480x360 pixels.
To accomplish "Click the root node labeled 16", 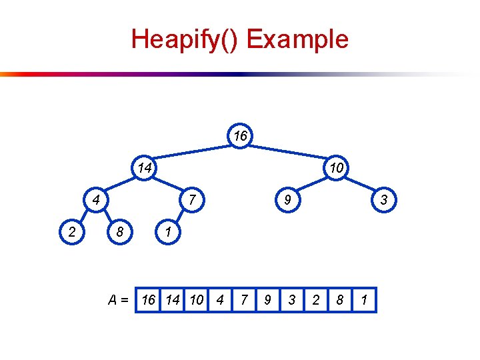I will point(241,136).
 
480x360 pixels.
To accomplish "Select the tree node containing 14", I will point(145,167).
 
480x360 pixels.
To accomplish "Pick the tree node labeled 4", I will point(97,199).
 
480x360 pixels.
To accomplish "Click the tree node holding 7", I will point(193,199).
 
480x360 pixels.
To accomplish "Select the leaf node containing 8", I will point(121,231).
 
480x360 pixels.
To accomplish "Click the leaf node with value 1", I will point(169,231).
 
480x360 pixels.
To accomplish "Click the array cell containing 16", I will point(148,300).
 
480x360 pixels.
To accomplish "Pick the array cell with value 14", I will point(172,300).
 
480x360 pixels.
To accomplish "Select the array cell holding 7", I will point(244,300).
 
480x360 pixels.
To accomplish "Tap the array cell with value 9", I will point(268,300).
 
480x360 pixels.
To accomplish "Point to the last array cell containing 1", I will point(364,300).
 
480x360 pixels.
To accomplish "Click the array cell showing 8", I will point(340,300).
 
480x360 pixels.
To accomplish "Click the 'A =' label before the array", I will point(119,300).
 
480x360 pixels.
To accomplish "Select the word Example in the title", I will point(297,39).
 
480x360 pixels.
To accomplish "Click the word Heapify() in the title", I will point(185,39).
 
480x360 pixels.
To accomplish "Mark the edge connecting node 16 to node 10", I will point(289,151).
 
